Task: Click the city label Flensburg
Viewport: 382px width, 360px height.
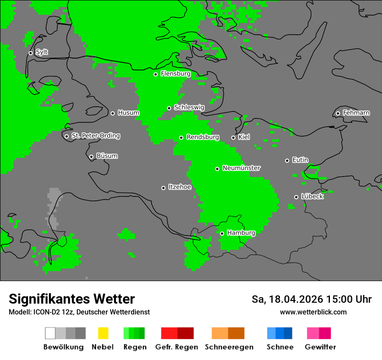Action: [175, 74]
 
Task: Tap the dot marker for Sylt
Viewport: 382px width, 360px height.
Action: [30, 53]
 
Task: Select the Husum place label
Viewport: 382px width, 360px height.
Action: [128, 113]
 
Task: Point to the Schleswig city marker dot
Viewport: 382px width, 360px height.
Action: [169, 108]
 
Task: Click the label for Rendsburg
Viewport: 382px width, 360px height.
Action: [203, 137]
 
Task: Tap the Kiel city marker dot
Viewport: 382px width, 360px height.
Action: [233, 137]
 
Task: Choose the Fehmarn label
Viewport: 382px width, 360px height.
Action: [356, 113]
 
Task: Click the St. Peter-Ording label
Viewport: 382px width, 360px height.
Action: [95, 136]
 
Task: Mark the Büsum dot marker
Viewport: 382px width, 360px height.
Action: [91, 157]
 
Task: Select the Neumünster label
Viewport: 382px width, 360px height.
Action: [241, 168]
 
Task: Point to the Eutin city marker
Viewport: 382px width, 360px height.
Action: [287, 160]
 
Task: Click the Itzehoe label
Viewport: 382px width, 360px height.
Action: [180, 187]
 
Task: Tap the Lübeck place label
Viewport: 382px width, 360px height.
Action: [312, 196]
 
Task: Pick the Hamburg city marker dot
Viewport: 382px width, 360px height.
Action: [222, 233]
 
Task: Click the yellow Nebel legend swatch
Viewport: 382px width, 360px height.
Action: [103, 333]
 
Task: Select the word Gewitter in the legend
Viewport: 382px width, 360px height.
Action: [320, 347]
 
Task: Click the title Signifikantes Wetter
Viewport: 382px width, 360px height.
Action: [72, 299]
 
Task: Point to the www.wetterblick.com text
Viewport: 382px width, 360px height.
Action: [313, 312]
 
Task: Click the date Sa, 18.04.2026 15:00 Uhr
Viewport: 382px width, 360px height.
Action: [311, 299]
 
